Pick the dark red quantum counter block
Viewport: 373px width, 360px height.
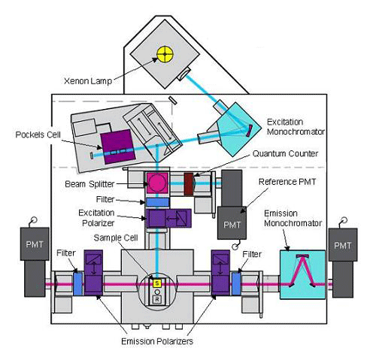189,182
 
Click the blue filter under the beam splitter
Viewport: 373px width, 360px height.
157,201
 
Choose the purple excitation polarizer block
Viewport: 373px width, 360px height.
161,218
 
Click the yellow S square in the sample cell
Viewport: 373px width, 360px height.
156,283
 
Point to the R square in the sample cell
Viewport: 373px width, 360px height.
156,298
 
